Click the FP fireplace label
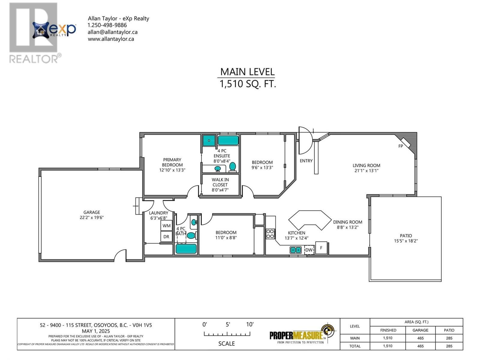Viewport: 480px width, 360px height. click(x=400, y=146)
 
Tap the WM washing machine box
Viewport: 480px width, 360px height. click(x=166, y=226)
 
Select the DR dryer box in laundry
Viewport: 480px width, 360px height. click(x=166, y=237)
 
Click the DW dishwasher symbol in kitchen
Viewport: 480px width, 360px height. click(x=309, y=250)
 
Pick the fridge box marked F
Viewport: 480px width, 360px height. click(x=321, y=248)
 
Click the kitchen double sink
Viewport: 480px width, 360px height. click(x=295, y=250)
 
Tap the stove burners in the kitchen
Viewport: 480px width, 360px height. click(x=270, y=234)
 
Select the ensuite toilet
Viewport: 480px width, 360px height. click(x=232, y=167)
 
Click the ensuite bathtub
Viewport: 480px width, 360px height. click(x=228, y=140)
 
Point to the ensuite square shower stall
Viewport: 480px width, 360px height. click(x=209, y=140)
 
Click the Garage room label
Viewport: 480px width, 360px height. click(x=92, y=212)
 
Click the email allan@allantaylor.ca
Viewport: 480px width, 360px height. click(x=112, y=32)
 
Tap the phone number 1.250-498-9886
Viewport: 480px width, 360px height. click(x=107, y=25)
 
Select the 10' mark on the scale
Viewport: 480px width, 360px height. click(x=250, y=324)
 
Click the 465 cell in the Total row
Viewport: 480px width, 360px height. click(x=420, y=346)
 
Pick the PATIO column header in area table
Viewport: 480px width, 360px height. click(x=449, y=330)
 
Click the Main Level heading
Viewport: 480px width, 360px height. click(x=247, y=72)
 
